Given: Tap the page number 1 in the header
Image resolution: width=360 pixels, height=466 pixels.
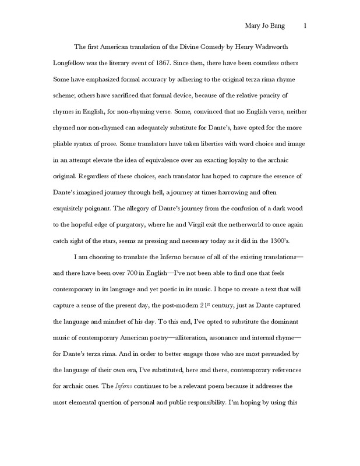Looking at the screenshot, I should click(305, 27).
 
